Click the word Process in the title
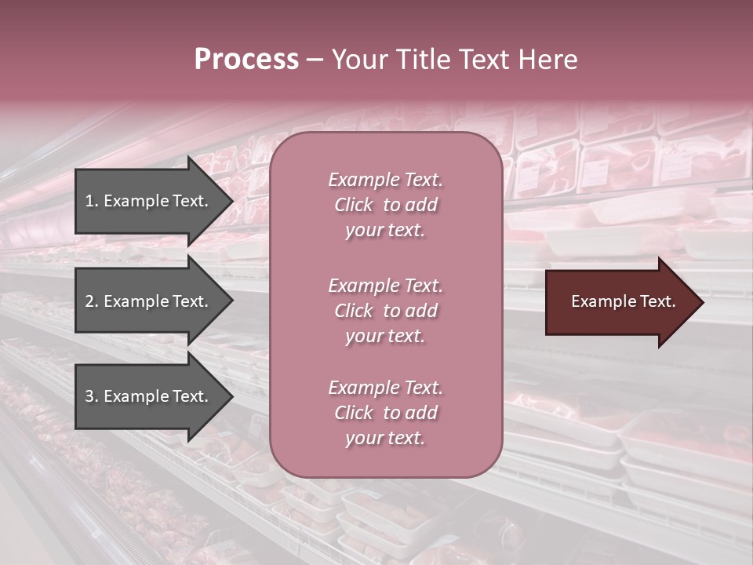246,60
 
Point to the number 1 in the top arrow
89,201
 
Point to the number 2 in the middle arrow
89,301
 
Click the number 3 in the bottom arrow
89,396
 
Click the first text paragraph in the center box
385,205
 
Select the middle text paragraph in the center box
385,311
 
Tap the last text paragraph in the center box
385,413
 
